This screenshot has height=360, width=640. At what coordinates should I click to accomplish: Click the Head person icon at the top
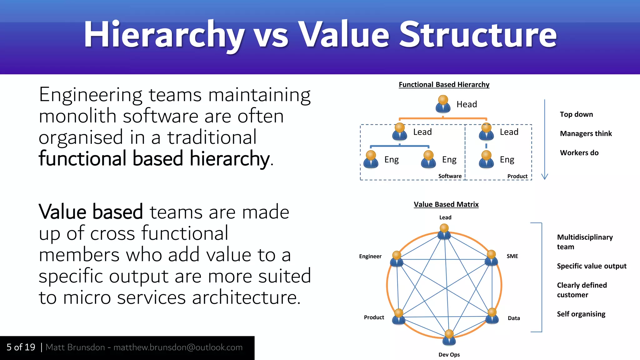pos(443,104)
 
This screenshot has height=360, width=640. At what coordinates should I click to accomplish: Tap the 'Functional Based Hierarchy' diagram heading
pos(444,85)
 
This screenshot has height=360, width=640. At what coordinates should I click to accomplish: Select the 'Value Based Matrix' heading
pos(446,204)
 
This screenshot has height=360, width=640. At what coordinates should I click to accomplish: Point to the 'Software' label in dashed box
pos(450,176)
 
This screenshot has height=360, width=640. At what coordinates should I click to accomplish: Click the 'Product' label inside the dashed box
pos(517,176)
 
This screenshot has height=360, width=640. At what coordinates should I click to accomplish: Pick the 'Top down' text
pos(576,114)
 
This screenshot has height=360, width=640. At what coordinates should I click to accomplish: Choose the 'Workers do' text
pos(579,153)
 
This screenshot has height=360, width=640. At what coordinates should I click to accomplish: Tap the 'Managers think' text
pos(586,134)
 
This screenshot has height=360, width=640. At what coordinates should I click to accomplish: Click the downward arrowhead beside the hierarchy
pos(544,177)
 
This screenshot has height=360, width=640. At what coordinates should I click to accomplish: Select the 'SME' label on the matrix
pos(512,256)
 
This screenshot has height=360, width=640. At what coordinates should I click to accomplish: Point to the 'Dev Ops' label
pos(449,354)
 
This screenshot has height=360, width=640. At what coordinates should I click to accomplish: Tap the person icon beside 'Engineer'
pos(397,259)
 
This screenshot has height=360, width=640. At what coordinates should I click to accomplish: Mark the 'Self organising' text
pos(581,314)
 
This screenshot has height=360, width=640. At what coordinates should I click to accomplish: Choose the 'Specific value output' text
pos(592,266)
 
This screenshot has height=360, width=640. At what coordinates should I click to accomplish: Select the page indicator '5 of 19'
pos(21,347)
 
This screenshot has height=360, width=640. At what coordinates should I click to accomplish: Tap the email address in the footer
pos(178,347)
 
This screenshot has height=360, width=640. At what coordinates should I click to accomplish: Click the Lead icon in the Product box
pos(486,132)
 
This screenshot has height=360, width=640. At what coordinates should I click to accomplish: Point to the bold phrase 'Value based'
pos(91,212)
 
